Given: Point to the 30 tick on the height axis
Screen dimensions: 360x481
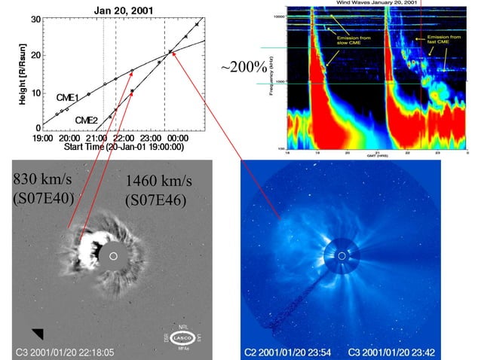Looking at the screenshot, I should point(35,18).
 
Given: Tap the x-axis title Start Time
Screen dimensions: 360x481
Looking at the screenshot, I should point(123,148).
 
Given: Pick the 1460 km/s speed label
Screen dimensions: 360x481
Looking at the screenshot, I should point(159,182).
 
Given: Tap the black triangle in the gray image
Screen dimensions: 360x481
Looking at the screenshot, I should point(38,333).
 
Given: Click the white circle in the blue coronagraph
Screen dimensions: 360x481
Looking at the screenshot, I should point(342,256).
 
